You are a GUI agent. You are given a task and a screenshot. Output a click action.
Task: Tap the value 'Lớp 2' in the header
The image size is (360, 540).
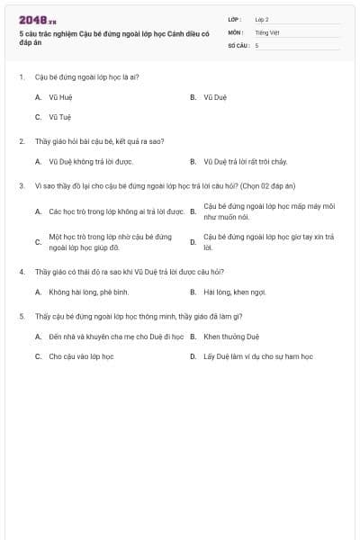[x=262, y=19]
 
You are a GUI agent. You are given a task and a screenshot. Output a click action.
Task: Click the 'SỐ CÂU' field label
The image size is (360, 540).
[x=237, y=44]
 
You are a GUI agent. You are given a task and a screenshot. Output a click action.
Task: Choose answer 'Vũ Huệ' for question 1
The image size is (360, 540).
[x=60, y=96]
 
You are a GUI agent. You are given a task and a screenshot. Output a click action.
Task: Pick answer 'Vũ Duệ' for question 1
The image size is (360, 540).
[x=215, y=96]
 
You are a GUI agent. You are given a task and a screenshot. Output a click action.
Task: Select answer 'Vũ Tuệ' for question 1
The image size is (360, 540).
[x=60, y=117]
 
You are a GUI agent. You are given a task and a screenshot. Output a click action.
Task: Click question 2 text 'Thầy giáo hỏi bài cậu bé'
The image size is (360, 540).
[x=86, y=141]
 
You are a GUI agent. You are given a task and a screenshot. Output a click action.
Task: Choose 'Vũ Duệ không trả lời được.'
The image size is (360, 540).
[x=91, y=162]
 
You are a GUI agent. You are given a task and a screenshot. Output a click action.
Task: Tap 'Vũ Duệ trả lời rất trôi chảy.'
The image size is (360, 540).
[x=246, y=162]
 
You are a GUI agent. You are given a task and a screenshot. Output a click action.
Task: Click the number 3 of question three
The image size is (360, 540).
[x=21, y=185]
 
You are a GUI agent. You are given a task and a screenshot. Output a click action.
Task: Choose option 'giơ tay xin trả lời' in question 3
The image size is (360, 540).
[x=268, y=241]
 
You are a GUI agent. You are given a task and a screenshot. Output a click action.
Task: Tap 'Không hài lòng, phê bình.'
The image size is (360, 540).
[x=89, y=292]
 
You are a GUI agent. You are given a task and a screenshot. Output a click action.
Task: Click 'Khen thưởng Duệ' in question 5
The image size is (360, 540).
[x=231, y=336]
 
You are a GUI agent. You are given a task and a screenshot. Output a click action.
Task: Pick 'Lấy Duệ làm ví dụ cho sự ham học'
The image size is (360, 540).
[x=258, y=356]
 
